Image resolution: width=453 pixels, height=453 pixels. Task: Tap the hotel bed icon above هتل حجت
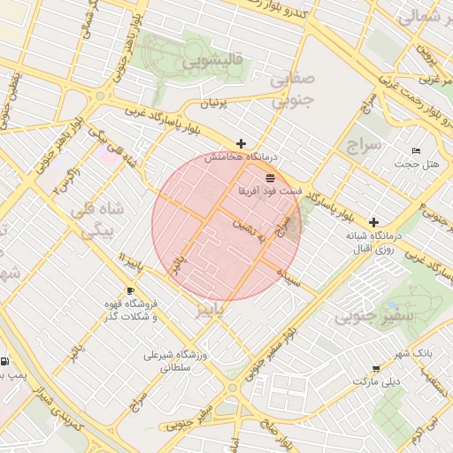tap(417, 149)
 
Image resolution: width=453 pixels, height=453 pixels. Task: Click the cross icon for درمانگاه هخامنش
tap(241, 143)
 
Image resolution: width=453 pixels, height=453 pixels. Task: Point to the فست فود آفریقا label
tap(269, 190)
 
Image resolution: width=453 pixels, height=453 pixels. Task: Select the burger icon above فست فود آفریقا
tap(269, 177)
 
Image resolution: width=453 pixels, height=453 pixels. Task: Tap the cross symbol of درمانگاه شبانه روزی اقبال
tap(374, 222)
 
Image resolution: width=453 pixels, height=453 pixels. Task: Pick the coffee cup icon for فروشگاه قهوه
tap(131, 290)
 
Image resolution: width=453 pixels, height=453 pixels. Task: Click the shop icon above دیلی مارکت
tap(377, 368)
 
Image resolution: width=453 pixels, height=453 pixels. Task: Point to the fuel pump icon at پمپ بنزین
tap(6, 361)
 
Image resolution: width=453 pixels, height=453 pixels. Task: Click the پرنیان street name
tap(219, 104)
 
